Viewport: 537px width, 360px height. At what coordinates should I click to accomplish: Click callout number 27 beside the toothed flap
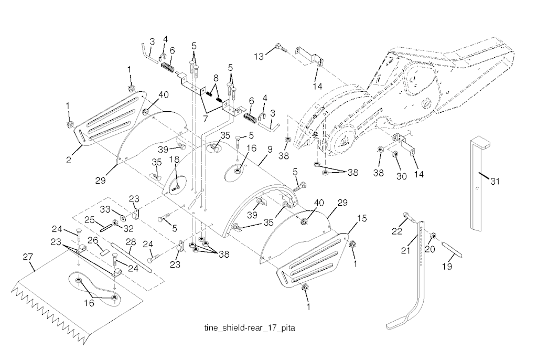(x=29, y=258)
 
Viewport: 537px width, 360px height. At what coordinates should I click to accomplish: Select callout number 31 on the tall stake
(x=495, y=182)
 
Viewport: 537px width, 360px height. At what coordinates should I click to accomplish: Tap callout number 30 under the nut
(x=401, y=176)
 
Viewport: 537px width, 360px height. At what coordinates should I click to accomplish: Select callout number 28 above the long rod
(x=131, y=242)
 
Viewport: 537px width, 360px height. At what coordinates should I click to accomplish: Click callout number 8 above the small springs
(x=215, y=78)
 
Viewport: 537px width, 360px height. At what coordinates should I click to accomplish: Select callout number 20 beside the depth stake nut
(x=431, y=250)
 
